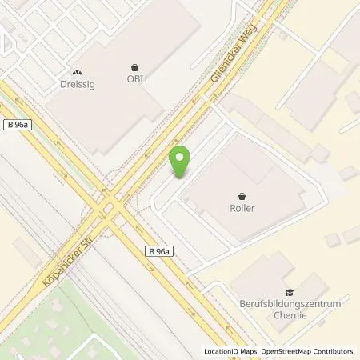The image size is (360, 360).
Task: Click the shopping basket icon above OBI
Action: (134, 67)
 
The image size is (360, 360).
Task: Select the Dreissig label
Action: (78, 82)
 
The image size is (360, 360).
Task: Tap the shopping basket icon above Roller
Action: (242, 194)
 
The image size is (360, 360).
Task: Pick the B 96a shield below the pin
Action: (159, 251)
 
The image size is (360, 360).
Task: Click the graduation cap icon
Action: (289, 294)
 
